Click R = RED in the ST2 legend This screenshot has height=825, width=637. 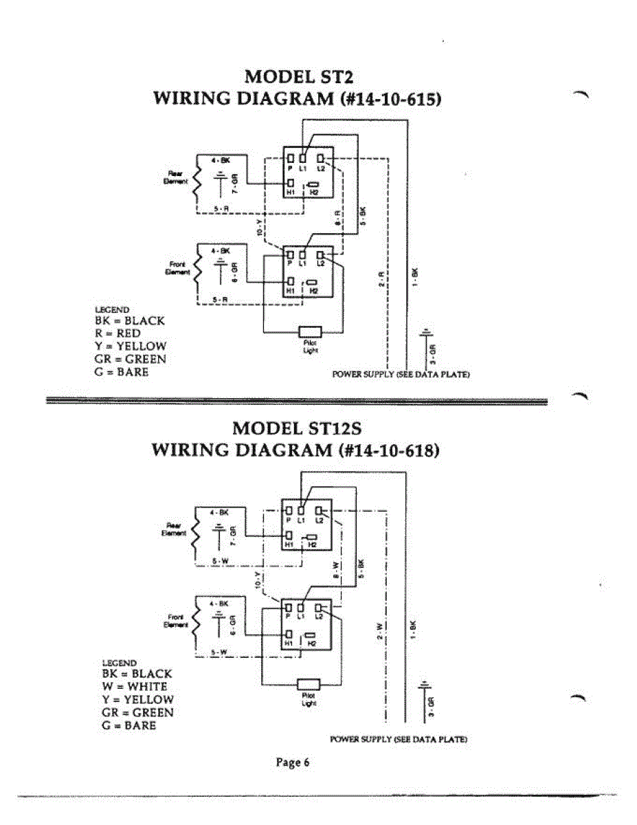tap(118, 333)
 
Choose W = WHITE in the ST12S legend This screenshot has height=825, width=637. tap(134, 686)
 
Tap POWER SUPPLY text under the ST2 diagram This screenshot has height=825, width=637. tap(401, 375)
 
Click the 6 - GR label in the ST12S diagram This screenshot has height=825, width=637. tap(233, 626)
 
